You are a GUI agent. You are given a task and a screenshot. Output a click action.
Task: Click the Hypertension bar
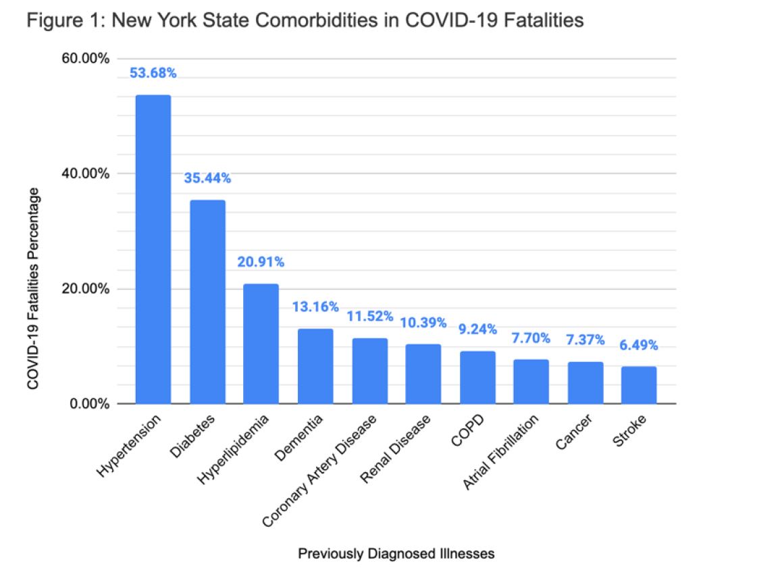point(153,249)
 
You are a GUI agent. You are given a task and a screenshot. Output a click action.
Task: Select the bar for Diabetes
point(207,302)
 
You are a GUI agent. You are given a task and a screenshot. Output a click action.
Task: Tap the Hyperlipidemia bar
point(261,344)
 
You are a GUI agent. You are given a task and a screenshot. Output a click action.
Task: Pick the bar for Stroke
point(639,385)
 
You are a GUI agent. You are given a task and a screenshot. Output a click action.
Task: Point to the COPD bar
point(477,377)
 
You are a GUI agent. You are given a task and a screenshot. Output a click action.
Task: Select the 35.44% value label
point(207,178)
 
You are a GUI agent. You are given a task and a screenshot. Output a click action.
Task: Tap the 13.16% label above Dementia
point(315,307)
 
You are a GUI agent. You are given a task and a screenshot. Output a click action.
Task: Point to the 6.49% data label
point(639,345)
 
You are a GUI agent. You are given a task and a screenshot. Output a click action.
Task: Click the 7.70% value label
point(531,338)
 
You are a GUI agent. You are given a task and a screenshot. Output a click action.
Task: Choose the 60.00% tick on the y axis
point(85,58)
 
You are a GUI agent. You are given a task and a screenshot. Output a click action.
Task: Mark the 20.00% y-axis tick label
point(85,289)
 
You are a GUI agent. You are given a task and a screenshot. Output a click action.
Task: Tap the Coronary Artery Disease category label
point(319,469)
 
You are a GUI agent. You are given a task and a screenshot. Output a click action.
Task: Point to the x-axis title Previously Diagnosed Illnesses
point(396,554)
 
